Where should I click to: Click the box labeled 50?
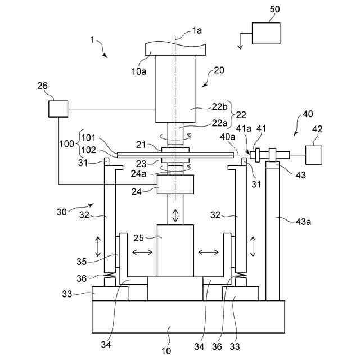click(266, 33)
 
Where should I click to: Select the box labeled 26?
click(58, 109)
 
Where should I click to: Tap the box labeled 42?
click(314, 155)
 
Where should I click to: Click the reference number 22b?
click(219, 106)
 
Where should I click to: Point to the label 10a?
click(139, 71)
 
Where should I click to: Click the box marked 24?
click(175, 184)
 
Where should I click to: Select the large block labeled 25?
click(175, 251)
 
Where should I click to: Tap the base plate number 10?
click(166, 351)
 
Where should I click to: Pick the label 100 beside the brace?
click(66, 144)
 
